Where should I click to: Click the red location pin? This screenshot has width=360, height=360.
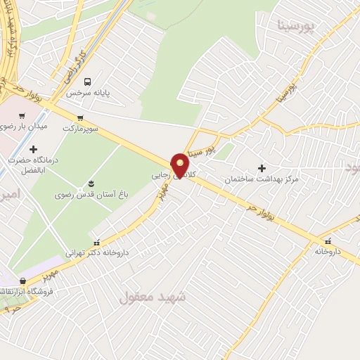click(x=180, y=164)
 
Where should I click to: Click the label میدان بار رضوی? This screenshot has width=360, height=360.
click(x=23, y=127)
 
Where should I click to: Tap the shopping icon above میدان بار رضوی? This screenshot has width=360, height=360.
click(x=22, y=116)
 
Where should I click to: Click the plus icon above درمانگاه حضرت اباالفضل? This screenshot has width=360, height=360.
click(x=32, y=149)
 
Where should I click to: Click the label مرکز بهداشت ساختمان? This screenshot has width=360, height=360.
click(x=262, y=180)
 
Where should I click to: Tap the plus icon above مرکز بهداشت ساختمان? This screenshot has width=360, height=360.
click(x=262, y=169)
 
